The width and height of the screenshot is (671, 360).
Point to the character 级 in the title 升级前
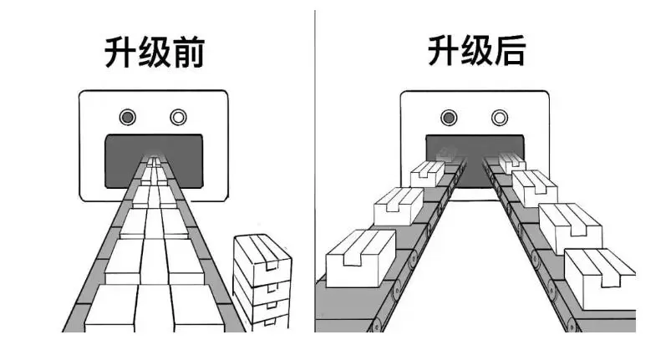pyautogui.click(x=153, y=53)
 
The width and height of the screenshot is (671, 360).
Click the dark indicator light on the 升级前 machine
pyautogui.click(x=127, y=117)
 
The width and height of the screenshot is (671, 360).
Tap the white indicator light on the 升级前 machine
pyautogui.click(x=178, y=117)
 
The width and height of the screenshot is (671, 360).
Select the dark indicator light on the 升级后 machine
pyautogui.click(x=449, y=117)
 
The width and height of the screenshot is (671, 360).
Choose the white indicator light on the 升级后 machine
pyautogui.click(x=500, y=117)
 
